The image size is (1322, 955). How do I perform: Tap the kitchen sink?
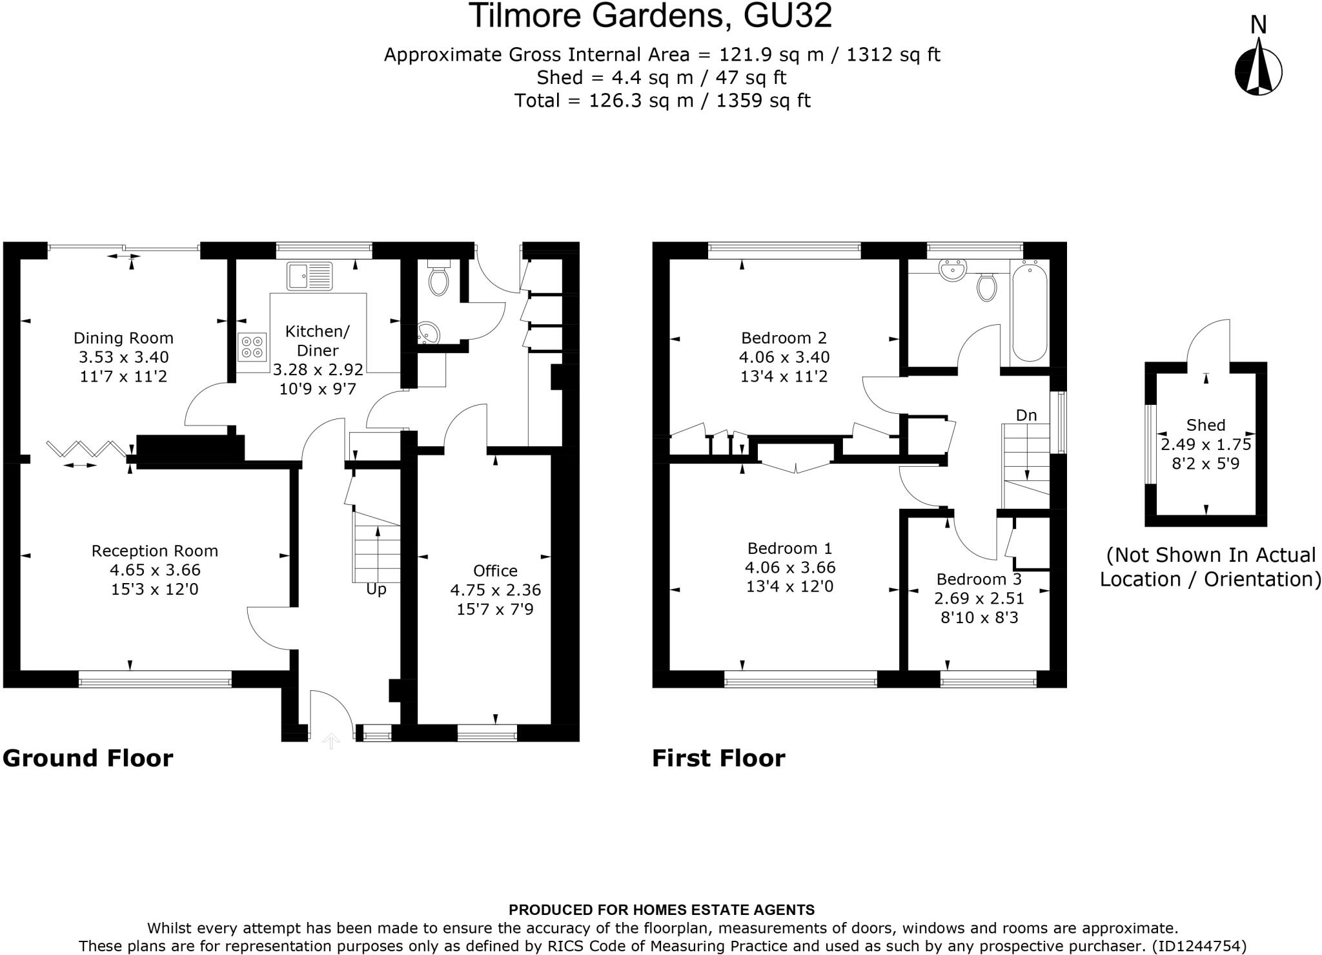[x=309, y=276]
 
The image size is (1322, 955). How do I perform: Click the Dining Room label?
[x=123, y=338]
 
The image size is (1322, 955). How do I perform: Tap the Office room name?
[x=495, y=571]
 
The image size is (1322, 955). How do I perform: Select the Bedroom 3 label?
[x=979, y=579]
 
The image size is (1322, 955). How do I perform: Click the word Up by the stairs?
[x=376, y=590]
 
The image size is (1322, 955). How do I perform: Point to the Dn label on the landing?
[x=1026, y=415]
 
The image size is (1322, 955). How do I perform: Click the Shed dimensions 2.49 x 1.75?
[x=1205, y=444]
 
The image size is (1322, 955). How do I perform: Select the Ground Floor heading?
[x=88, y=758]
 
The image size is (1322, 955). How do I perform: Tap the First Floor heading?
[x=718, y=758]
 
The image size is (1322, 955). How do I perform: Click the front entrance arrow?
[x=331, y=741]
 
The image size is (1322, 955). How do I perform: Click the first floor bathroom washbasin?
[x=952, y=271]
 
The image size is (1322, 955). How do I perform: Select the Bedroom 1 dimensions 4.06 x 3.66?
[x=789, y=568]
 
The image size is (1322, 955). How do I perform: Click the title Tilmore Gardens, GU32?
[x=650, y=16]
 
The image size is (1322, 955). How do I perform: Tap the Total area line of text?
[x=662, y=101]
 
